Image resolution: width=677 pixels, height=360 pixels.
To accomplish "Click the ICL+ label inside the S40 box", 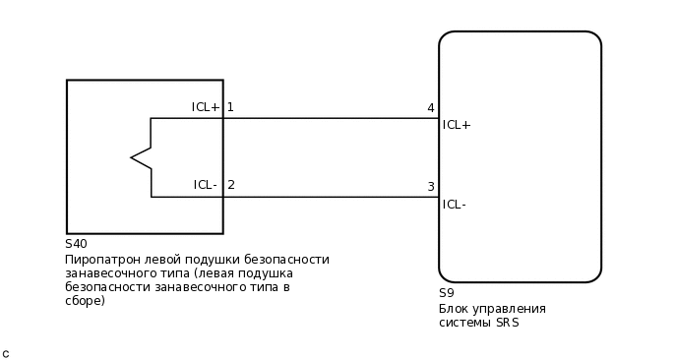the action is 206,107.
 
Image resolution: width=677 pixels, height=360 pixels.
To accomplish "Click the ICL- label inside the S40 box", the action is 206,185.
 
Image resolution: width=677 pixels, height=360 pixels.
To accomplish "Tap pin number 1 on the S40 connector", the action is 230,107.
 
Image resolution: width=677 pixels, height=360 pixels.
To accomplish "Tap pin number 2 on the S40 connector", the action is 231,185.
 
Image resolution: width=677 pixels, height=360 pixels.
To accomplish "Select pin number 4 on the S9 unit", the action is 430,108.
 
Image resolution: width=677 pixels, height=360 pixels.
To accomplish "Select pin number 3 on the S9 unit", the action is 430,187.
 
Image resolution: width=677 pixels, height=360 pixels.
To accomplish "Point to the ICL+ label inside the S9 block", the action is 457,125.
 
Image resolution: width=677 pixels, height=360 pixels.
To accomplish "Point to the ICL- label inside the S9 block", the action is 455,205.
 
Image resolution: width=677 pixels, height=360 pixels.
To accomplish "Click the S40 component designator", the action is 76,244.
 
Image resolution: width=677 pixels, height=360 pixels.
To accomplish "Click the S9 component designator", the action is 447,293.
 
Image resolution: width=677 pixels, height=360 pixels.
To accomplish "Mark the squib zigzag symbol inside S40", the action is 142,157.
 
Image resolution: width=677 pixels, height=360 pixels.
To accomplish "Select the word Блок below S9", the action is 455,308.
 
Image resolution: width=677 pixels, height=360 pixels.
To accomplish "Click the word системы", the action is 462,323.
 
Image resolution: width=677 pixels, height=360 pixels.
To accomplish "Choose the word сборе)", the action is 85,301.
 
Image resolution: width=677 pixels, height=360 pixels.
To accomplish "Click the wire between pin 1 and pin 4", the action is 331,118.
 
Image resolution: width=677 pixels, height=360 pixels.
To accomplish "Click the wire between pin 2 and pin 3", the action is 331,197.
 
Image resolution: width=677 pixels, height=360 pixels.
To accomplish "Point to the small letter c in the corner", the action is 6,353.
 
